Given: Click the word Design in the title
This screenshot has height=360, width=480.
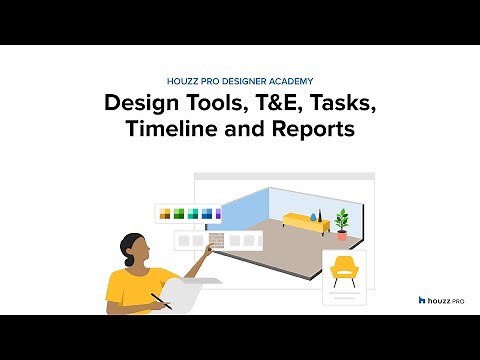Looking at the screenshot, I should coord(141,103).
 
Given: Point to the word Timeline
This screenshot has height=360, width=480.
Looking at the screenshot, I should coord(169,130).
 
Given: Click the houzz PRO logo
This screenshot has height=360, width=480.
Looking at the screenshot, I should coord(440,299).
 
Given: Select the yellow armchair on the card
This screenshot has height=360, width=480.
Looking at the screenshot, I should coord(343,269).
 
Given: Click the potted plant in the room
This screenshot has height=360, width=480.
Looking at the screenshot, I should coord(343,222).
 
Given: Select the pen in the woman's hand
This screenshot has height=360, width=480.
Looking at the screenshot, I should coord(160,300).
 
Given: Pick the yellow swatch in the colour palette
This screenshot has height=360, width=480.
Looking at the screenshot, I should coord(164,213).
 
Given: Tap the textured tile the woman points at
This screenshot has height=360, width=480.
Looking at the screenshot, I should coord(214,241).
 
